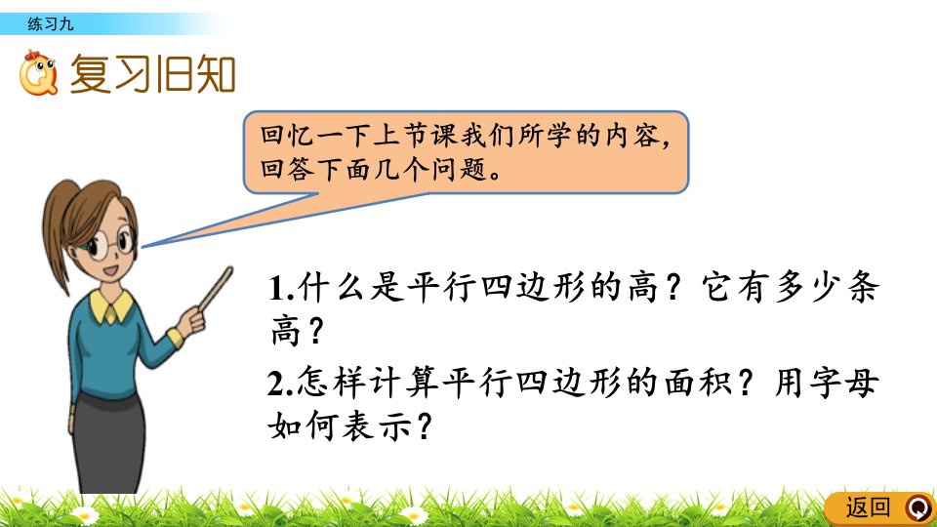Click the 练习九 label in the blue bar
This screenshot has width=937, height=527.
tap(50, 23)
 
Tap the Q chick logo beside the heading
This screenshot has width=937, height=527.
tap(38, 73)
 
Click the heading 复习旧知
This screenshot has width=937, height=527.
tap(153, 74)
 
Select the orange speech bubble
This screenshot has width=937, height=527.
tap(467, 152)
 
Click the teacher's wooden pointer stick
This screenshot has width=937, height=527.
tap(216, 289)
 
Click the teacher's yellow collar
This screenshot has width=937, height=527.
tap(111, 305)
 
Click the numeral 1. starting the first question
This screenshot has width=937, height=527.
tap(281, 288)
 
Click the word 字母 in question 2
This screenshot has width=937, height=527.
tap(843, 383)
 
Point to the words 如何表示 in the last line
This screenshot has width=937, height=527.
tap(340, 426)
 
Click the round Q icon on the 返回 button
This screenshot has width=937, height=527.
tap(918, 507)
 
